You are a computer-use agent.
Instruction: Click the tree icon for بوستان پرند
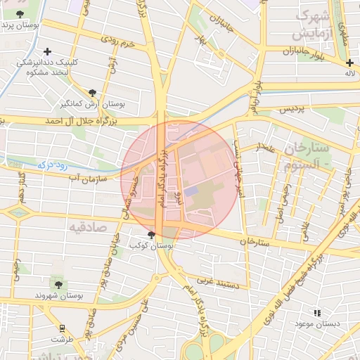coord(19,14)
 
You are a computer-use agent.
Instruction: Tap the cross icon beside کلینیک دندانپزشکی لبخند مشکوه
coord(47,51)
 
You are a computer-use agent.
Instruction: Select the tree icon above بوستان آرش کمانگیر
coord(92,93)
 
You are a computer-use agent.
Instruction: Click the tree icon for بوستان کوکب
coord(151,235)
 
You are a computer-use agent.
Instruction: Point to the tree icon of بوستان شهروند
coord(58,285)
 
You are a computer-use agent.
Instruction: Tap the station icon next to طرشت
coord(63,328)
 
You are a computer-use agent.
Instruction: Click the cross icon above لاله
coord(349,63)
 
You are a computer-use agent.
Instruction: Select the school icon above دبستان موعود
coord(317,313)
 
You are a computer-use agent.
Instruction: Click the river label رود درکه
coord(53,164)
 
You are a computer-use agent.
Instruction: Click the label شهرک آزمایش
coord(312,25)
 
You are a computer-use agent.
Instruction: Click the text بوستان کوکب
coord(152,246)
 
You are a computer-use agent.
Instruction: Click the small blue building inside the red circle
coord(192,191)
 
